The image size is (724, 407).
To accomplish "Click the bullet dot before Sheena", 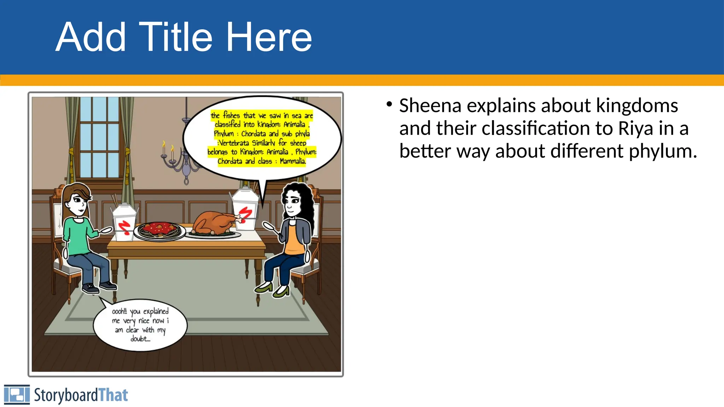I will [389, 104].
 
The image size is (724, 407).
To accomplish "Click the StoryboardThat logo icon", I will [17, 394].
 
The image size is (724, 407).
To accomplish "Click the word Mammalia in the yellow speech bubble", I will [292, 161].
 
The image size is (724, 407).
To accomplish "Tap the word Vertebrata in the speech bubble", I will [234, 143].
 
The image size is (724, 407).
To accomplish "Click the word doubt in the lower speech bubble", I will [139, 339].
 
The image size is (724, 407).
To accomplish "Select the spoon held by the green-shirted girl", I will [105, 231].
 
